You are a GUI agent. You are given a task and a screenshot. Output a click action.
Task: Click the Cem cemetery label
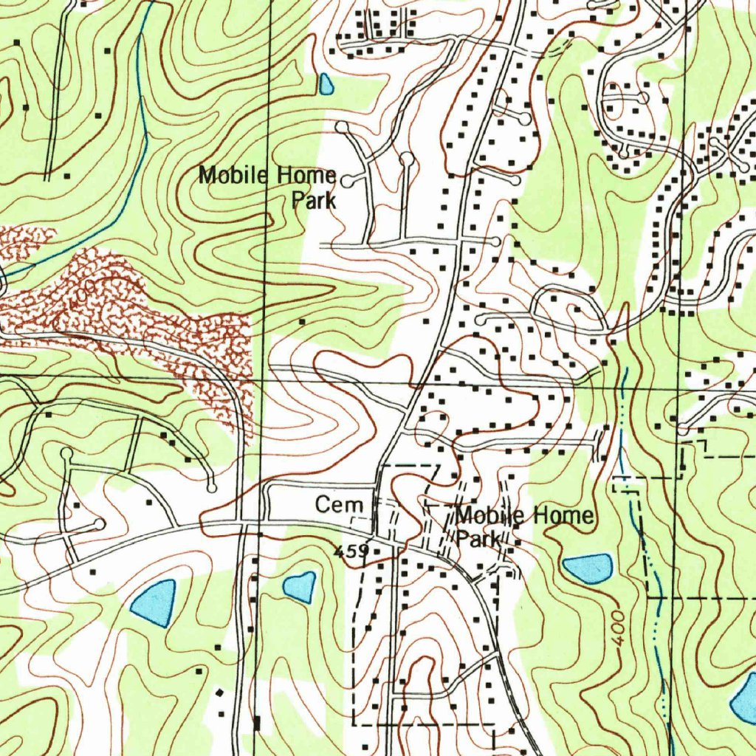tap(340, 505)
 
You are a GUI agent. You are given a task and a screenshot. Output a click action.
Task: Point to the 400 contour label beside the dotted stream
tap(618, 628)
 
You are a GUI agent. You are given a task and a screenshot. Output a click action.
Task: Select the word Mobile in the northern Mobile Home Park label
tap(236, 176)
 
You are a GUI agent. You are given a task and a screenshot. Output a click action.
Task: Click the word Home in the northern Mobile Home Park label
tap(306, 176)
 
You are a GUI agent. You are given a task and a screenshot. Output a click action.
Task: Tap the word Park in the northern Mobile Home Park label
tap(314, 200)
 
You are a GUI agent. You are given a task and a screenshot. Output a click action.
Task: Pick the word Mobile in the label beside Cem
tap(484, 515)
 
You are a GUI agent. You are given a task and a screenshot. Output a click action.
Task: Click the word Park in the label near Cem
tap(478, 539)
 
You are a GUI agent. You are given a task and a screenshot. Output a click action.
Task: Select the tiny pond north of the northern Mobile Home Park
tap(326, 84)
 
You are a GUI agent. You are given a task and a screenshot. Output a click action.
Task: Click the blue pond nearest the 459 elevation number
tap(300, 587)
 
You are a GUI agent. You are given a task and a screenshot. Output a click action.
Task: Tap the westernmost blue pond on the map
tap(154, 602)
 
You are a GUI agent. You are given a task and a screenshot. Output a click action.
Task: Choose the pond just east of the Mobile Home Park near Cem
tap(588, 567)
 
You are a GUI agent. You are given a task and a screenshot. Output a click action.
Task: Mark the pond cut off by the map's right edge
tap(743, 698)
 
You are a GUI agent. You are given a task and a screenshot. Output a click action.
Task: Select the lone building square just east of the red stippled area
tap(301, 322)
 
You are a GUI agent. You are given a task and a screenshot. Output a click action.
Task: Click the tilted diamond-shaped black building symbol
tap(219, 693)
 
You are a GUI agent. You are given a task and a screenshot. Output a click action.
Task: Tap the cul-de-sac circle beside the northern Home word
tap(346, 179)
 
